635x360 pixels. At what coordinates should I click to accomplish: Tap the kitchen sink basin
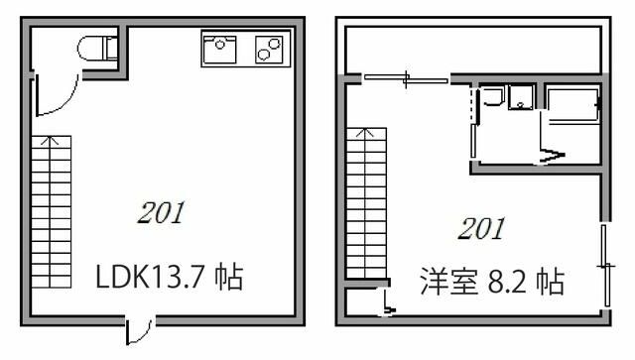click(x=219, y=47)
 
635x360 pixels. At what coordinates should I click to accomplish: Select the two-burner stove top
click(x=268, y=48)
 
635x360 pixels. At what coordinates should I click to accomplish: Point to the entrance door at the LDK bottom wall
click(x=139, y=329)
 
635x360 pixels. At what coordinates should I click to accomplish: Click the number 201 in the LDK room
click(x=160, y=212)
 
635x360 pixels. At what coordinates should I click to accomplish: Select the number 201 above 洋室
click(x=481, y=229)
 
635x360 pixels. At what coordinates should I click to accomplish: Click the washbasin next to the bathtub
click(x=521, y=98)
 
